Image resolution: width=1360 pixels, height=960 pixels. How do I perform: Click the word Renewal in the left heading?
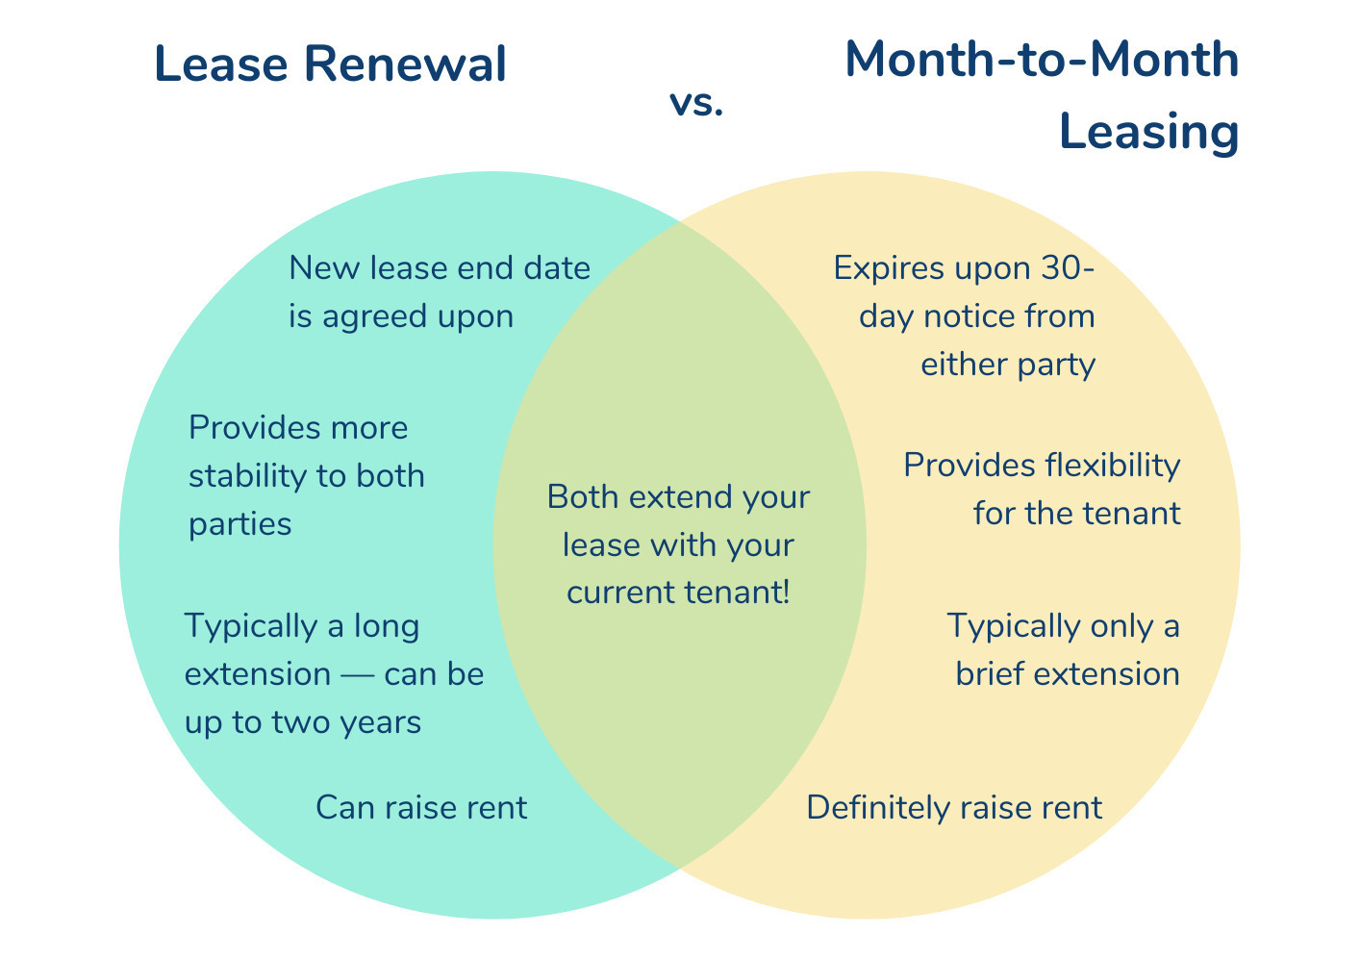tap(405, 63)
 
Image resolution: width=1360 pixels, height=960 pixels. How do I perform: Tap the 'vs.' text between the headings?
tap(696, 103)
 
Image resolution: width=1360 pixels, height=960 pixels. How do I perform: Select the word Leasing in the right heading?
tap(1148, 133)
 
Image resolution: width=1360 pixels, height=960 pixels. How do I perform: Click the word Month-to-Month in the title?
tap(1042, 60)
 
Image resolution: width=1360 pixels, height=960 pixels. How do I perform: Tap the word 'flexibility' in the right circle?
tap(1112, 466)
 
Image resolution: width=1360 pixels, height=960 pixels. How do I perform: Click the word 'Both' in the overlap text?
tap(583, 496)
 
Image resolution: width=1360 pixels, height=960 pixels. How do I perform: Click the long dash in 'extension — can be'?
tap(358, 675)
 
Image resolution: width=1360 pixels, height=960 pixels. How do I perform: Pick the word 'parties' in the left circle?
tap(240, 524)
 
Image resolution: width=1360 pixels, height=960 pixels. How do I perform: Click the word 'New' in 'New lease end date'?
tap(324, 267)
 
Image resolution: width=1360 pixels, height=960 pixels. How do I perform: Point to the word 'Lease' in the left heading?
tap(221, 63)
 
